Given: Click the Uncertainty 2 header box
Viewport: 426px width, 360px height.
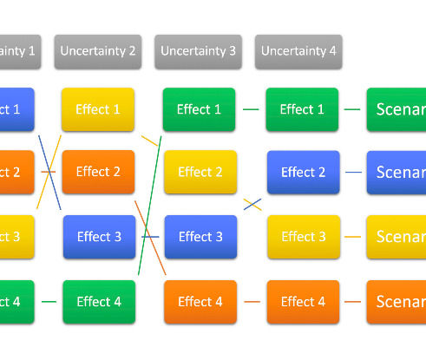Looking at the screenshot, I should point(98,51).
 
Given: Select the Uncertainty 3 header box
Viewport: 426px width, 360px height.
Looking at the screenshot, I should point(198,51).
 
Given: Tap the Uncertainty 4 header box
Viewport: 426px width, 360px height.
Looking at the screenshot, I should point(298,51).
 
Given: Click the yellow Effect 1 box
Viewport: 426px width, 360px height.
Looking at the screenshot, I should point(98,109).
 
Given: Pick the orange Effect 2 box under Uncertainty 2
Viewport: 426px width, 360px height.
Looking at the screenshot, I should point(98,172).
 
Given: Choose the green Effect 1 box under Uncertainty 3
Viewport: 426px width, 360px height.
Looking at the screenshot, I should point(199,109).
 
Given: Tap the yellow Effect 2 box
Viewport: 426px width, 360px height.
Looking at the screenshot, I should point(200,172).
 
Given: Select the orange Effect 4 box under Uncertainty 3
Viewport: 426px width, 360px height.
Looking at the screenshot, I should point(200,302).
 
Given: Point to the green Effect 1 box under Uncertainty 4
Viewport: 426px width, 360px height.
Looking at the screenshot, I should point(302,109).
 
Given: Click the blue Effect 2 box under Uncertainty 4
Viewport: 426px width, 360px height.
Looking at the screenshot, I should point(303,172).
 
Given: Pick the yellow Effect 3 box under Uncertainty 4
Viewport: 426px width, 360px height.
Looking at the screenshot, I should point(303,237).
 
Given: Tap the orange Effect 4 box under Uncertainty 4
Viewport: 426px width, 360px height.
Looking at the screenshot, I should point(302,302).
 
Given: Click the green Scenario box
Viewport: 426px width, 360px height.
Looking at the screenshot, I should point(397,109).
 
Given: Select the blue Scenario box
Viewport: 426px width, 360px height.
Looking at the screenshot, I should point(397,172).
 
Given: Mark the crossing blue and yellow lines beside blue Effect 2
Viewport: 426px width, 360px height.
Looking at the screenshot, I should point(252,205).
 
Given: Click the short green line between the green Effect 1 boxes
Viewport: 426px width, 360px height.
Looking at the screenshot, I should point(251,109).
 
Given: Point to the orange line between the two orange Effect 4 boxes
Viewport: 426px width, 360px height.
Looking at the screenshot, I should point(252,302).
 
